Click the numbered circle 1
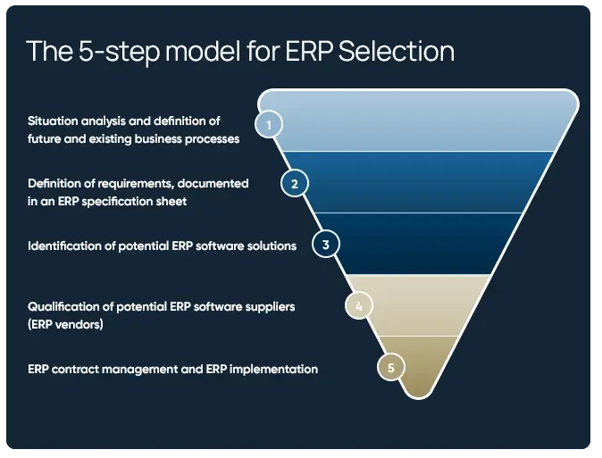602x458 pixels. (x=268, y=124)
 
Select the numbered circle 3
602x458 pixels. (x=326, y=244)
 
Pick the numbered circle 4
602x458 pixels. (x=358, y=305)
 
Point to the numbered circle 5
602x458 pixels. (x=390, y=366)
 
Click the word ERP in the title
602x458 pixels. (x=307, y=51)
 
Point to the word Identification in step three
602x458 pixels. (x=64, y=246)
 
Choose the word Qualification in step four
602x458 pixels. (x=66, y=307)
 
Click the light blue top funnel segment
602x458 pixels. (x=420, y=121)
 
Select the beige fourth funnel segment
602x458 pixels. (x=420, y=305)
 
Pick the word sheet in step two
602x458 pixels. (x=171, y=202)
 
